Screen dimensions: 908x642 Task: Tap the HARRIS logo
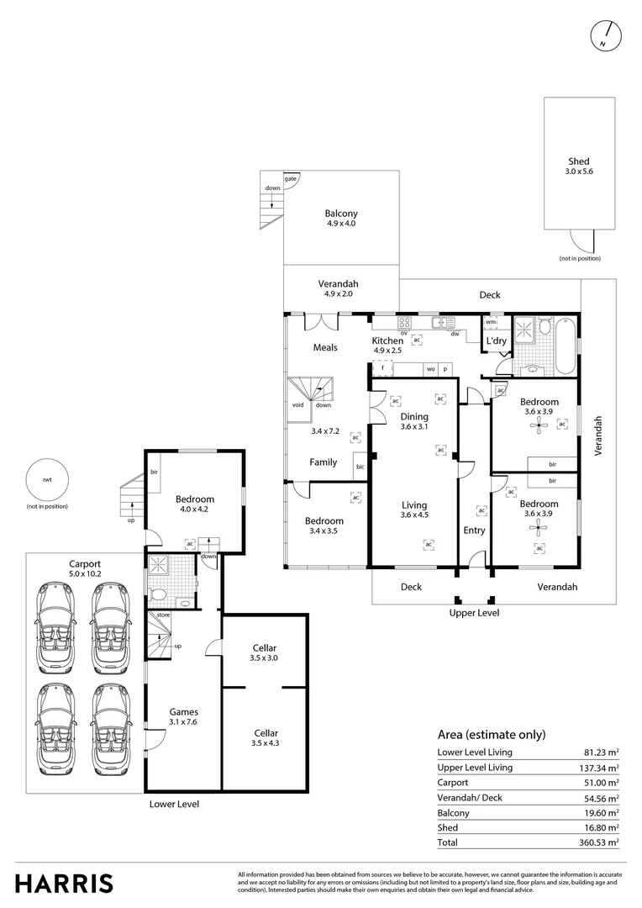point(64,883)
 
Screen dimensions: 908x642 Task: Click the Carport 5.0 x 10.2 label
point(84,569)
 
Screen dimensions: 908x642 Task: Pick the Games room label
point(183,716)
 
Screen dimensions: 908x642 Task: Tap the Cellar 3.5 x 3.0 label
point(265,652)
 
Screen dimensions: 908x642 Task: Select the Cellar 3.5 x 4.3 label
point(265,738)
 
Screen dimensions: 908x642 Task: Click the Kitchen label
point(388,341)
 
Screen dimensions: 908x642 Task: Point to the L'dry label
point(496,341)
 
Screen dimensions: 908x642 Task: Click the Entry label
point(474,531)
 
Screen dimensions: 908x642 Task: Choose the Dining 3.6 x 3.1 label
point(414,421)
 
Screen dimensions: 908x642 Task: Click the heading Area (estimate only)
point(492,734)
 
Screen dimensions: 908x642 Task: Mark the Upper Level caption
point(474,613)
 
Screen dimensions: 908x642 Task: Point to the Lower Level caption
point(174,804)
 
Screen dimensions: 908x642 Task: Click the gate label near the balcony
point(290,179)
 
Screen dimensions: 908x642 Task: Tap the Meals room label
point(325,347)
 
